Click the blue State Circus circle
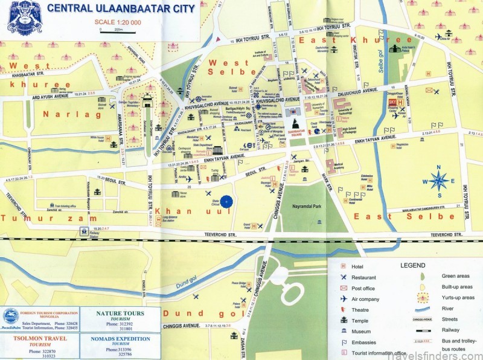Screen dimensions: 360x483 [x=227, y=202]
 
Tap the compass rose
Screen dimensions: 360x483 [x=439, y=181]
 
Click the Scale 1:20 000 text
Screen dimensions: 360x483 [x=118, y=22]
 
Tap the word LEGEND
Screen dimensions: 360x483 [x=413, y=265]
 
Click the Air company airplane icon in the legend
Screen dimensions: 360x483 [x=344, y=298]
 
